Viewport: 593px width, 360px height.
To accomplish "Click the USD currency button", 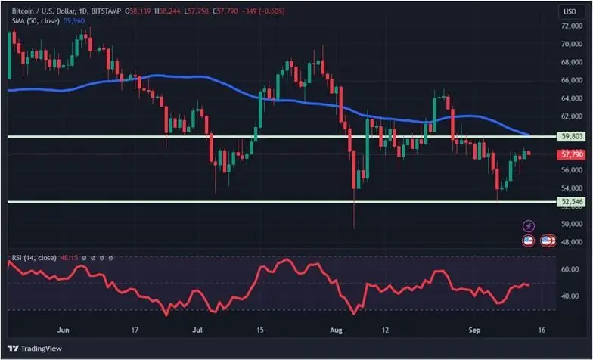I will coord(568,11).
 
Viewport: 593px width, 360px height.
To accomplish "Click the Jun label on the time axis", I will coord(64,331).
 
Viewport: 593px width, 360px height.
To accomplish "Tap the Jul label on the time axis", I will coord(198,331).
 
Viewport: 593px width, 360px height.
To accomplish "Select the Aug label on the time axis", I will coord(337,331).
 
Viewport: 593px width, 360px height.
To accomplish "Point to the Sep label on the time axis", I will coord(475,331).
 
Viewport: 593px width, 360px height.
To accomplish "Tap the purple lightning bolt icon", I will coord(529,225).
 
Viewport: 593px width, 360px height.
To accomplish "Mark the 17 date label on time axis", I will coord(134,331).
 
